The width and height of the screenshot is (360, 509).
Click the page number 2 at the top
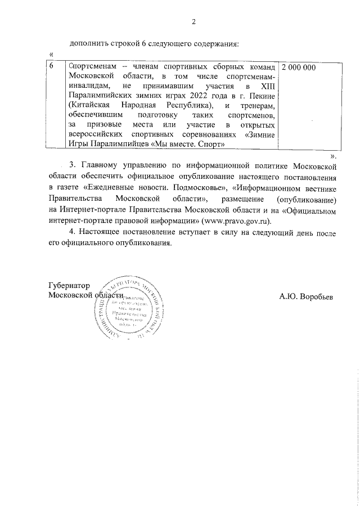(x=194, y=22)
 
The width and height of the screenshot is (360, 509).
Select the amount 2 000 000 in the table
(x=298, y=67)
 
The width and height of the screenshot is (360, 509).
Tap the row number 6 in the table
(x=52, y=67)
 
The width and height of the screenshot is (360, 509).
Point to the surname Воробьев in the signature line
(x=317, y=296)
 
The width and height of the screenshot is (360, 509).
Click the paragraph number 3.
(x=71, y=166)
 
